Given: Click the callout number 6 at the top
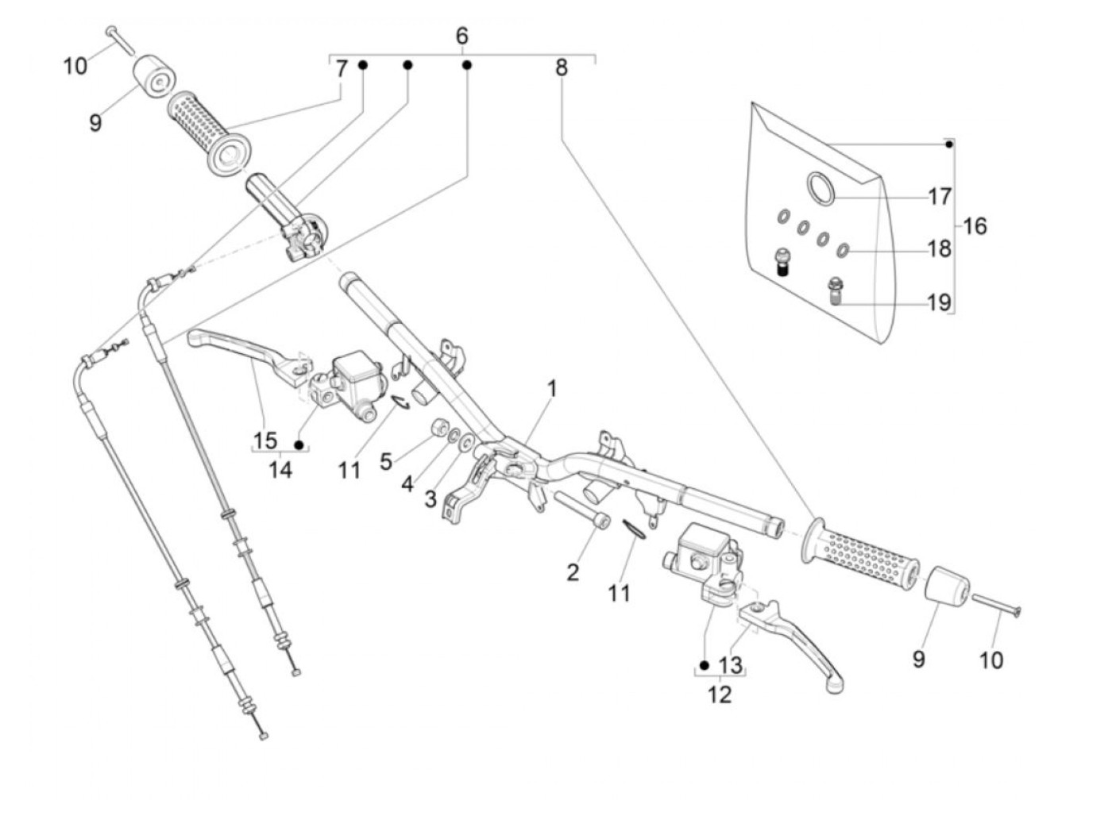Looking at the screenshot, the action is (461, 36).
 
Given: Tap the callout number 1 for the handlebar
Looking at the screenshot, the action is (552, 389).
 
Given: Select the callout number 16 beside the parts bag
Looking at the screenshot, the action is (975, 225).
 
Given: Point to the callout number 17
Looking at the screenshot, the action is (940, 197).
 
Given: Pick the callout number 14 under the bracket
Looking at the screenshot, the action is (280, 470).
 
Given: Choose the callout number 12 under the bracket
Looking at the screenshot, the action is (720, 695).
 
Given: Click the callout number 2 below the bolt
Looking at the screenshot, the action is (573, 572).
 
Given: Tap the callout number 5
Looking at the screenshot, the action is (386, 461).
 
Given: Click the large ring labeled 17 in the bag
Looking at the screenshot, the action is (820, 188).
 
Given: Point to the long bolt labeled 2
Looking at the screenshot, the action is (581, 511).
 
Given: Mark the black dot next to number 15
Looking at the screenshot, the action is (299, 444).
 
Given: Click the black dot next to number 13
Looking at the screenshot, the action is (704, 664).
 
